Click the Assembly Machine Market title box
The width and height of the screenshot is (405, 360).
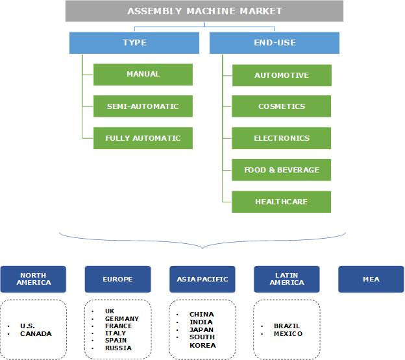tap(204, 11)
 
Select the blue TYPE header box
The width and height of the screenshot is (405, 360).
tap(134, 43)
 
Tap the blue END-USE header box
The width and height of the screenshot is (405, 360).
tap(275, 43)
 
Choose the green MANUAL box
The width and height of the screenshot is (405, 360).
tap(143, 75)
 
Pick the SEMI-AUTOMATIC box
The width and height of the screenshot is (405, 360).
tap(143, 106)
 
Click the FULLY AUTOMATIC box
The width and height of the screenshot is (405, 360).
tap(143, 138)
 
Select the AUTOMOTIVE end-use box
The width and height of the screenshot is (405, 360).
tap(282, 75)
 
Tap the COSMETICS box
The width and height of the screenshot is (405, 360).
tap(282, 106)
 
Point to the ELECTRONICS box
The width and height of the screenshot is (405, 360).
tap(282, 138)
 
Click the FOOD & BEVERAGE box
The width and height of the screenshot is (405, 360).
tap(282, 170)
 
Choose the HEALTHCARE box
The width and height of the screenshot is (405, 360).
tap(282, 202)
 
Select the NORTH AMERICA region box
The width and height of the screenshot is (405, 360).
tap(33, 279)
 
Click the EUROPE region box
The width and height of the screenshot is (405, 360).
tap(117, 279)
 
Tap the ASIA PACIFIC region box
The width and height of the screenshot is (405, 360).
tap(202, 279)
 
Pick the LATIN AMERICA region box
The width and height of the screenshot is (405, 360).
tap(287, 279)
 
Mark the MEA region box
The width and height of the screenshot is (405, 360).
tap(371, 279)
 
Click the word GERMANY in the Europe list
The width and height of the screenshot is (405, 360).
tap(122, 318)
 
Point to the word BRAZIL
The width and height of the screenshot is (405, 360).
tap(287, 326)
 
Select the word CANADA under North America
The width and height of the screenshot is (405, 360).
tap(36, 334)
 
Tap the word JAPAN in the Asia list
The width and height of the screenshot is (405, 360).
tap(201, 330)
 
